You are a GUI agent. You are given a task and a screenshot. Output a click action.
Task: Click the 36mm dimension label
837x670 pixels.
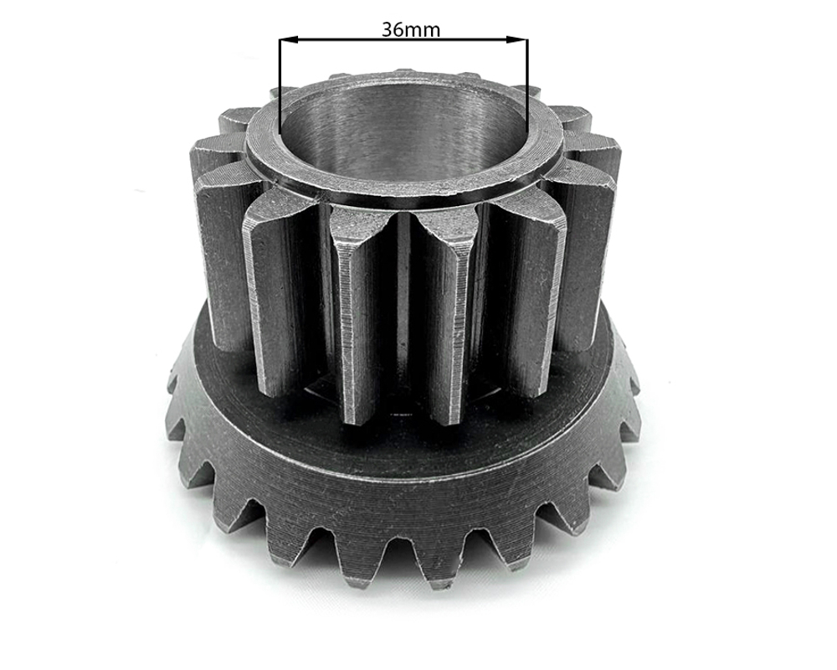click(x=411, y=29)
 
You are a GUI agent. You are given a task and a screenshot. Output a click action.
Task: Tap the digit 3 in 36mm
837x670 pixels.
click(x=388, y=29)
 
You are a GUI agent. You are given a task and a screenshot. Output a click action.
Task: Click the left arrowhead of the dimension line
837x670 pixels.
click(x=288, y=40)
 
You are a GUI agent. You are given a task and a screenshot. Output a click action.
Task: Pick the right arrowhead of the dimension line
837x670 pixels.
click(x=516, y=40)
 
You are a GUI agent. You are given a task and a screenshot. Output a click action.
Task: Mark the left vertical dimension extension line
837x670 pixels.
click(x=280, y=85)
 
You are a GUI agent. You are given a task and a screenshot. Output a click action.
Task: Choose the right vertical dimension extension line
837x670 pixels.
click(x=526, y=85)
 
